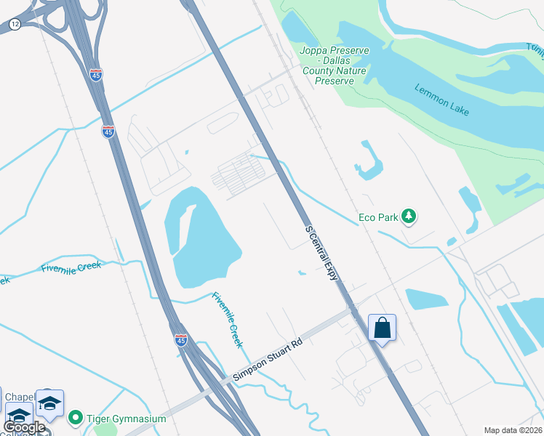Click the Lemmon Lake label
tap(441, 100)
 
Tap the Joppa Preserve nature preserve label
tap(335, 65)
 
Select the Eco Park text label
tap(378, 217)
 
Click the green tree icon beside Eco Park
tap(409, 216)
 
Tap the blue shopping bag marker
tap(382, 328)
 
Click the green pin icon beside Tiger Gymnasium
tap(75, 419)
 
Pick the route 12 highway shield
tap(15, 25)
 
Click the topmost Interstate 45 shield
tap(97, 74)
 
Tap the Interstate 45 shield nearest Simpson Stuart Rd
tap(181, 339)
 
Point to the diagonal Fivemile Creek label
tap(227, 320)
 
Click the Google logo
tap(24, 427)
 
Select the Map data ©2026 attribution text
tap(513, 430)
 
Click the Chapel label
tap(20, 397)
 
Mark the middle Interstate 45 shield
tap(108, 132)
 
